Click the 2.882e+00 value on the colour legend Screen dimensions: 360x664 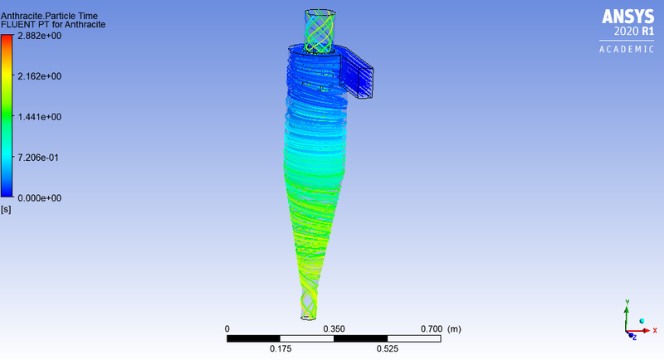tap(41, 36)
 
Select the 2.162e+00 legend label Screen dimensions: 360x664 tap(41, 76)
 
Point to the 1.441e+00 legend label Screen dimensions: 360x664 tap(41, 117)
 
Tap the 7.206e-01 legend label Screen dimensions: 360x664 tap(41, 158)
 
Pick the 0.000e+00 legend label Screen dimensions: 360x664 tap(41, 198)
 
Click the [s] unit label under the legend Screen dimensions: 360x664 tap(6, 209)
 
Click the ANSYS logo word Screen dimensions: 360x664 tap(628, 16)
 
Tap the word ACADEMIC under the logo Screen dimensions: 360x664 tap(627, 49)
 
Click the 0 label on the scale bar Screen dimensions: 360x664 tap(227, 329)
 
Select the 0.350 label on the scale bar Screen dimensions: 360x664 tap(334, 329)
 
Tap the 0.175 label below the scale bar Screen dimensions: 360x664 tap(281, 349)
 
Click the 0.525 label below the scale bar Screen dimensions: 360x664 tap(387, 349)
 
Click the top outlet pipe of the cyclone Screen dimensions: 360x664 tap(321, 31)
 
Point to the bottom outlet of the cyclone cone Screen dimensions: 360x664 tap(308, 309)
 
